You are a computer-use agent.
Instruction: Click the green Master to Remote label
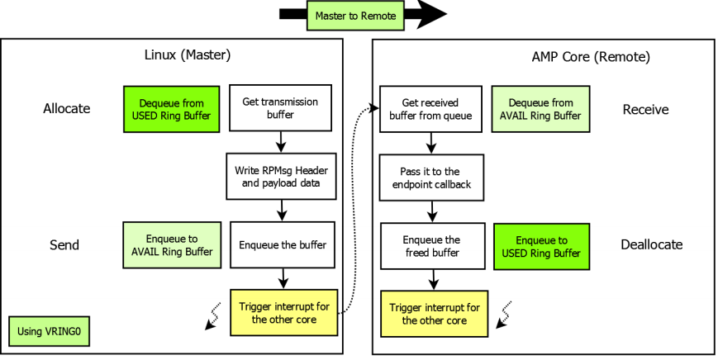coord(355,16)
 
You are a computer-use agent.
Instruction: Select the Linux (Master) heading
coord(187,57)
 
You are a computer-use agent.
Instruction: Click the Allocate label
coord(66,109)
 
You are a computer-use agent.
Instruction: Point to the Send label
coord(64,244)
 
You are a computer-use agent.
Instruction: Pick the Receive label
coord(645,109)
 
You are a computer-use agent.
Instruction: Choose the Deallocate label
coord(652,244)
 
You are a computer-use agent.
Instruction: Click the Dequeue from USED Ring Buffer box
coord(171,109)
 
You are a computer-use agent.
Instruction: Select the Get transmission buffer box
coord(281,109)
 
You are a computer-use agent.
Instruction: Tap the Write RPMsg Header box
coord(282,176)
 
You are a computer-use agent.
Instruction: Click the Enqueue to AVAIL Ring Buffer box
coord(171,244)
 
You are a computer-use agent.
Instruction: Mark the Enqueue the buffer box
coord(282,244)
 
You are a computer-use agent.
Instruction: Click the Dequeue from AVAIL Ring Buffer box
coord(540,109)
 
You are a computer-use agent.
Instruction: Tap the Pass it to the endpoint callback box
coord(430,177)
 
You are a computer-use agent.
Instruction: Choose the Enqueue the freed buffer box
coord(430,245)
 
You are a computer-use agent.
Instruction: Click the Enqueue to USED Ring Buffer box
coord(542,246)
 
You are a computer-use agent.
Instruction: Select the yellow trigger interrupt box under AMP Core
coord(433,313)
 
